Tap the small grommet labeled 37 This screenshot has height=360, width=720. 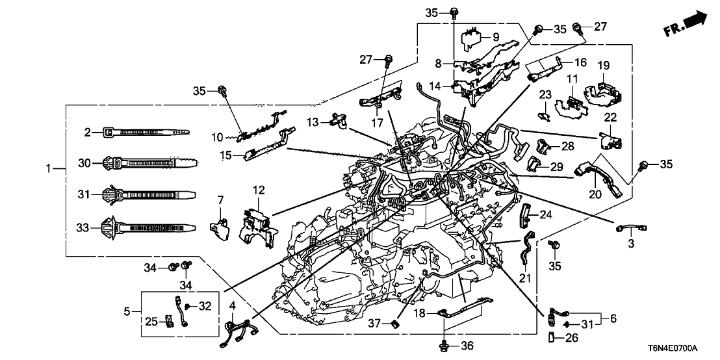[x=394, y=323]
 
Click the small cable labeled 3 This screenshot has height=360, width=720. [x=630, y=228]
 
